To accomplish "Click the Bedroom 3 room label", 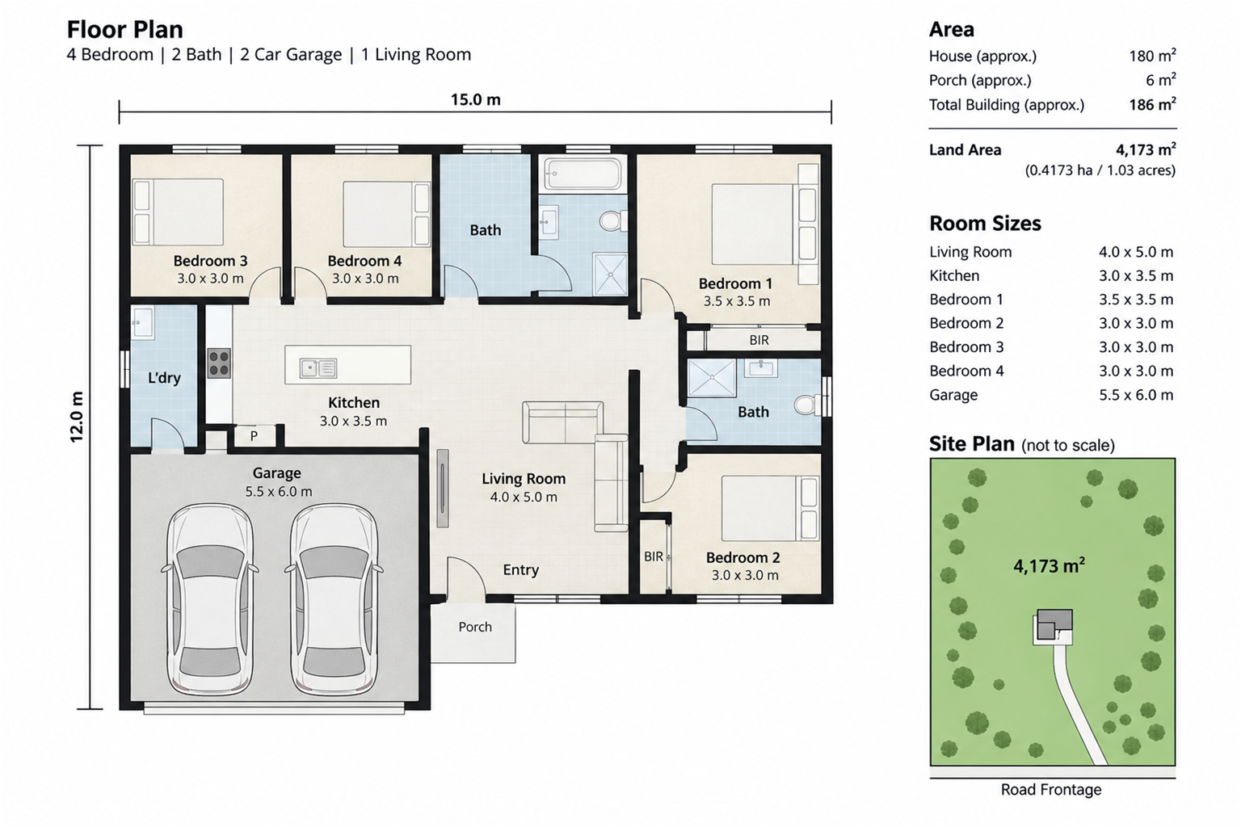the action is click(x=211, y=261).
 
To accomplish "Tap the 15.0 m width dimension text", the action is click(x=475, y=99).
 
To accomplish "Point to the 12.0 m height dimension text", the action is click(x=77, y=417).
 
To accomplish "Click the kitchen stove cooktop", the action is click(x=219, y=363).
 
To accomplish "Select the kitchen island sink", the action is click(x=318, y=368).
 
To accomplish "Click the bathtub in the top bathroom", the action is click(x=583, y=174).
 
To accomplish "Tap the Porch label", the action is click(x=475, y=627).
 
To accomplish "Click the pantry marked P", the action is click(x=255, y=435).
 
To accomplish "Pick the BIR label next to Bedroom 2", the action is click(x=654, y=556).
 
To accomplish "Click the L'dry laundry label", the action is click(x=164, y=378).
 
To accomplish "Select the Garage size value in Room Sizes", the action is click(x=1136, y=395).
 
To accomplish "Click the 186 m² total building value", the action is click(x=1152, y=104).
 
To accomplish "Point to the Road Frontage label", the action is click(x=1051, y=789).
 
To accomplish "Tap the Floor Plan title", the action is click(x=124, y=30).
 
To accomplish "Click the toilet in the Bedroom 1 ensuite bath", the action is click(x=806, y=405).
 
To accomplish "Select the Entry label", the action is click(x=521, y=570).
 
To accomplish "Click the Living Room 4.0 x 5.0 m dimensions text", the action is click(x=524, y=497).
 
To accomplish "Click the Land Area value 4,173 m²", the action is click(x=1146, y=149).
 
